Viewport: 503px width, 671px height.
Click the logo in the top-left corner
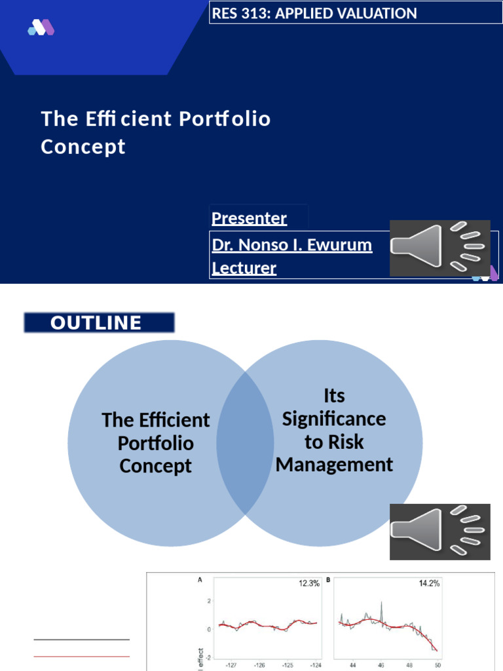(41, 28)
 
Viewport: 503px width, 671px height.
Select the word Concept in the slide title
(83, 147)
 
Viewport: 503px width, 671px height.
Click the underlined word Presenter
(249, 218)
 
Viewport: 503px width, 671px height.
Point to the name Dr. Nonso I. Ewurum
(292, 245)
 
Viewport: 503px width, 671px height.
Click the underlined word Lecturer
(244, 268)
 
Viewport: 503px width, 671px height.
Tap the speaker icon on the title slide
(439, 248)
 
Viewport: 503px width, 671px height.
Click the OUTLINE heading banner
(99, 322)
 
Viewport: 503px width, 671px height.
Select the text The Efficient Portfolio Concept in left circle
(156, 443)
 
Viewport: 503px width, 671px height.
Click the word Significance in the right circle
(334, 419)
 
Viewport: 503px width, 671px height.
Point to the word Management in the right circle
(334, 465)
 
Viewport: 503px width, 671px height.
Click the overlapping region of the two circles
(245, 442)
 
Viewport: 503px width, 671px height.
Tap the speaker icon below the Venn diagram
(439, 531)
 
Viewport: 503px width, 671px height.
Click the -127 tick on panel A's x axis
(231, 664)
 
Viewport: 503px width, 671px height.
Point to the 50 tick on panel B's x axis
(438, 664)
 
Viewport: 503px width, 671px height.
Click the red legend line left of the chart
(81, 655)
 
